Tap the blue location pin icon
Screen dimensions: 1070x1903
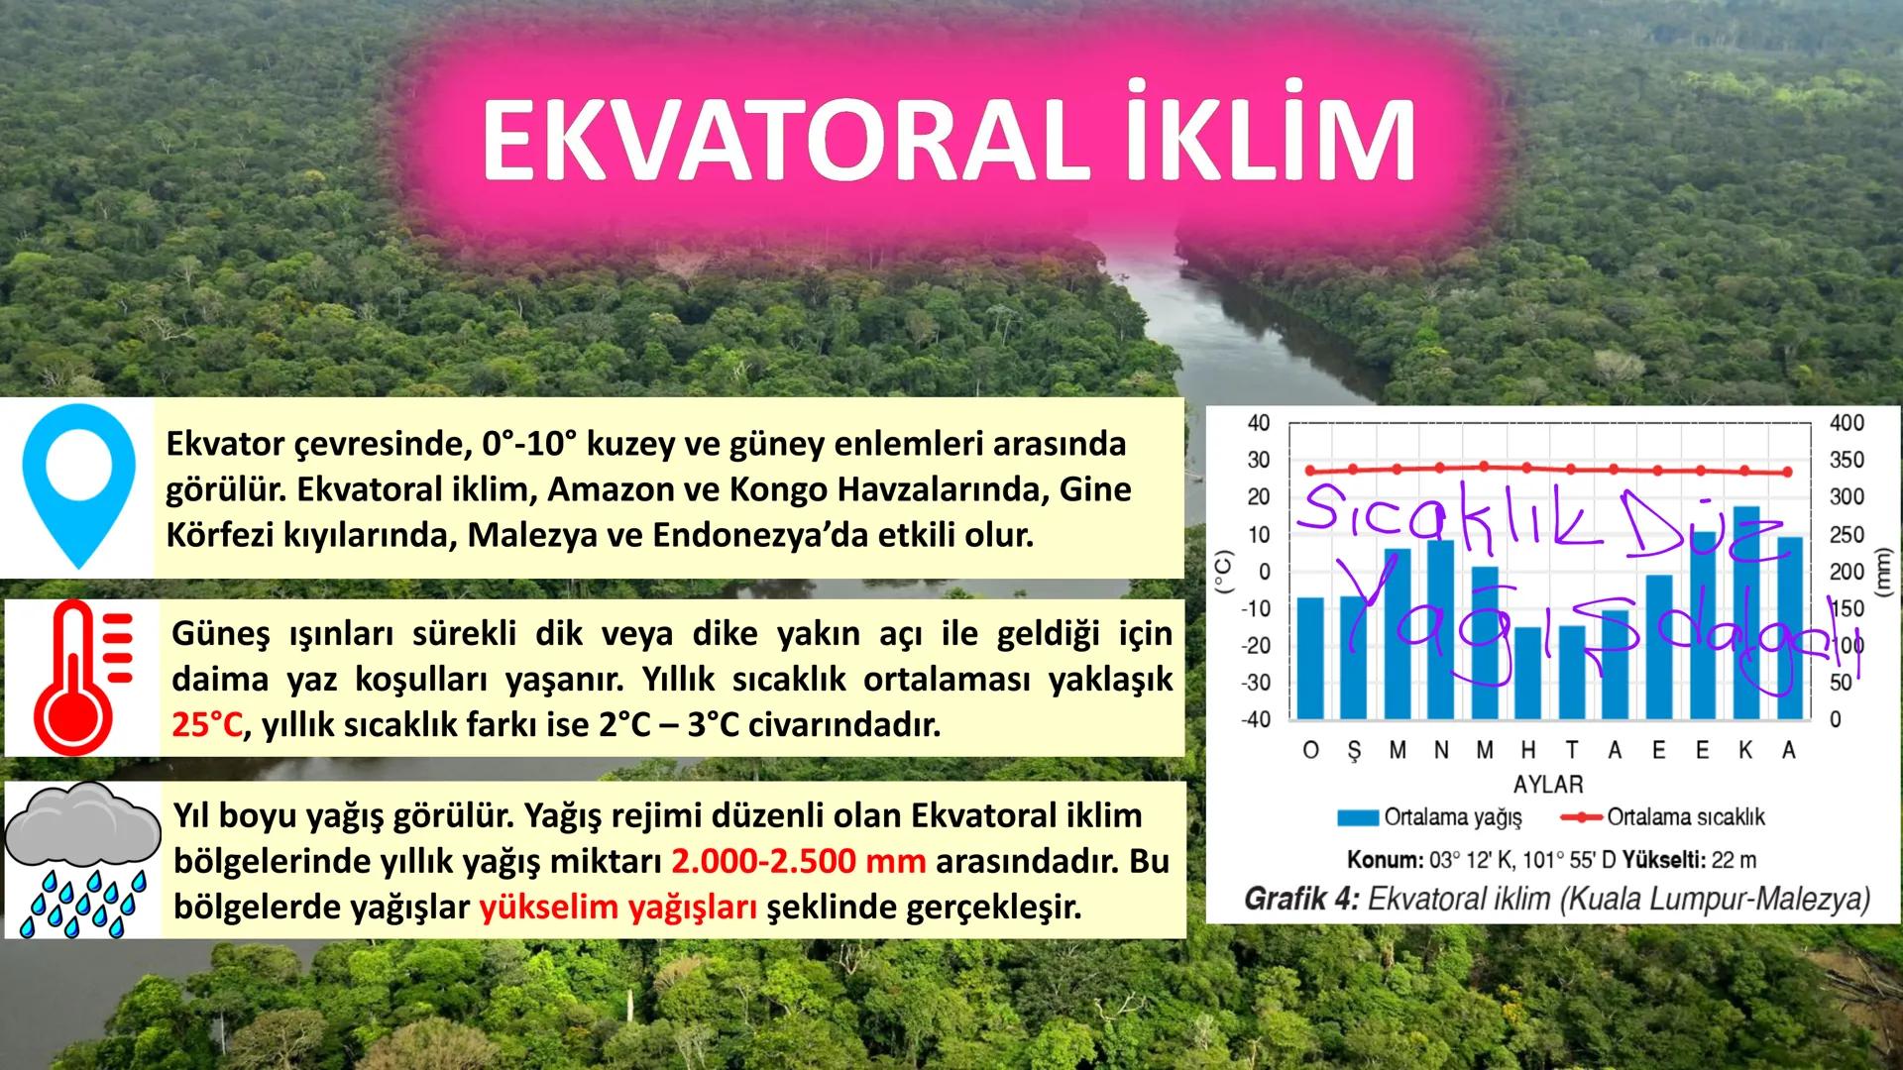click(78, 484)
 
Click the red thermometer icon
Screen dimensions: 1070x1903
click(78, 677)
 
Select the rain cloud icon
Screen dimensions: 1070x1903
click(81, 858)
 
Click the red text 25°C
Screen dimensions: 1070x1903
click(206, 725)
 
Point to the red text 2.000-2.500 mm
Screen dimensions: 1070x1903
click(798, 861)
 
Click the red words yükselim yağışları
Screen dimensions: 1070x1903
click(619, 907)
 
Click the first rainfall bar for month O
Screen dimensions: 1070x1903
click(1310, 658)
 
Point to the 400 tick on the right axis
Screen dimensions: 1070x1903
click(1847, 423)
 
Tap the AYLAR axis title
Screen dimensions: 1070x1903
click(1548, 784)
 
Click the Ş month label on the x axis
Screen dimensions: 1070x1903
click(1354, 751)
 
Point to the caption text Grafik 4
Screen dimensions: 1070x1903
click(1300, 900)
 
